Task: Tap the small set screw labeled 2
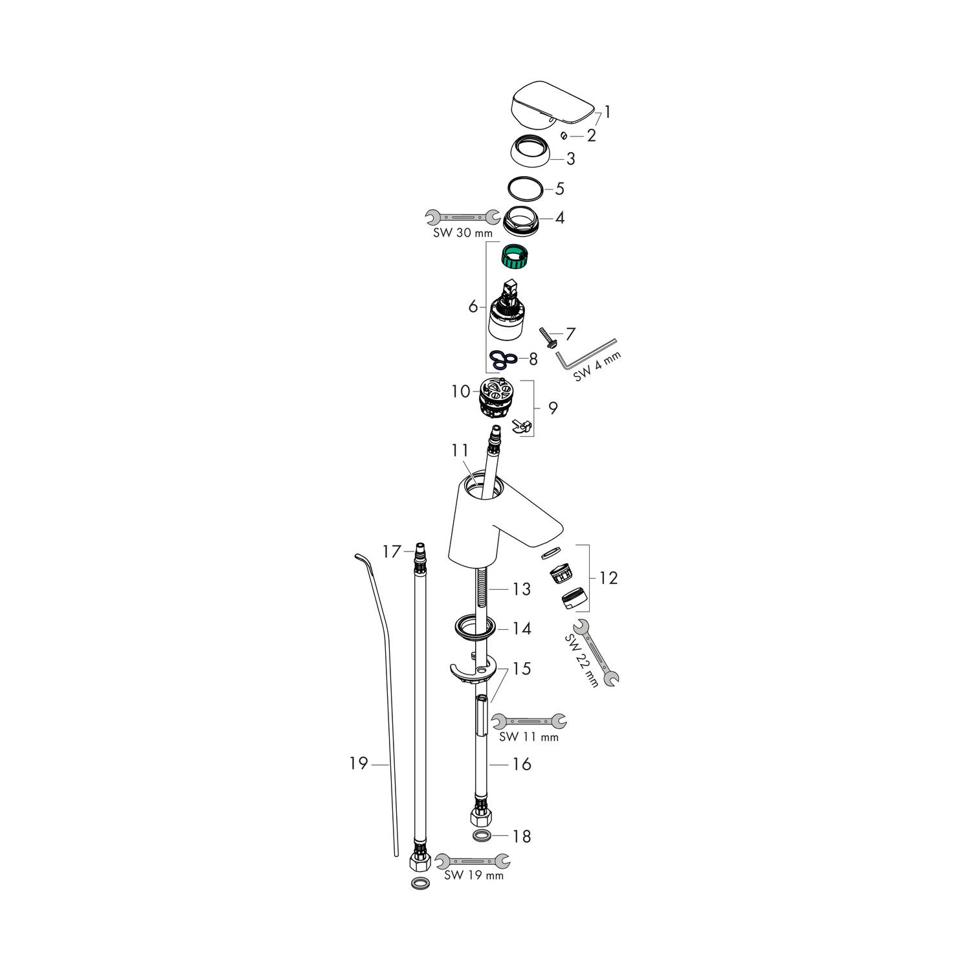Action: [x=563, y=135]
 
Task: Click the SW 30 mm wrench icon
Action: [x=462, y=216]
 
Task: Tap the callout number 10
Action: [x=461, y=392]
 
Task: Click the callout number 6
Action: [x=473, y=306]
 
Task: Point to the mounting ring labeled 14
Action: [x=474, y=627]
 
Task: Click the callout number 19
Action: [x=359, y=764]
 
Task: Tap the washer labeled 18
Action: [x=481, y=835]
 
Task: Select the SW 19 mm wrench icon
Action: [x=473, y=861]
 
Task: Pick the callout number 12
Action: [x=608, y=577]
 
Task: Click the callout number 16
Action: [x=521, y=765]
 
